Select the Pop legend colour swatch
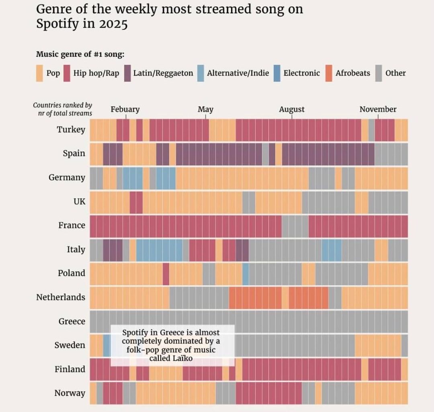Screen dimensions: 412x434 [x=39, y=73]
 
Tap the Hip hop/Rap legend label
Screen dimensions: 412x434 [x=96, y=73]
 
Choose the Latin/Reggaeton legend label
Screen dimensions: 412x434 [x=163, y=73]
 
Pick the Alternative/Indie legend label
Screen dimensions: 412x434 [x=238, y=73]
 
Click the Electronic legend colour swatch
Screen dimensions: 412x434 [x=277, y=73]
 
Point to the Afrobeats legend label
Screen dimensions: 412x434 [x=352, y=73]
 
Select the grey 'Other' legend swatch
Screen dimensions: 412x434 [x=379, y=73]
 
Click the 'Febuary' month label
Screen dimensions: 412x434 [x=125, y=109]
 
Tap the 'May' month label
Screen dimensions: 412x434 [x=205, y=109]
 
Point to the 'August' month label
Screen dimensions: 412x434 [x=292, y=109]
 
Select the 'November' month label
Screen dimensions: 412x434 [x=378, y=109]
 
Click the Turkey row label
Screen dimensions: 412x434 [x=71, y=130]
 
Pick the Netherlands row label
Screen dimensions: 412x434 [x=61, y=297]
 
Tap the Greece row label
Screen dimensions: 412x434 [x=72, y=321]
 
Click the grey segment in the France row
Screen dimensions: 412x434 [x=295, y=226]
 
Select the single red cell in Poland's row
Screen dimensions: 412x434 [x=166, y=274]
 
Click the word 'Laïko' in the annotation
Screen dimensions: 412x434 [x=183, y=358]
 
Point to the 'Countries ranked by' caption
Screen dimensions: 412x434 [x=62, y=105]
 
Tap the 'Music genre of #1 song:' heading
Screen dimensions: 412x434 [x=80, y=54]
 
